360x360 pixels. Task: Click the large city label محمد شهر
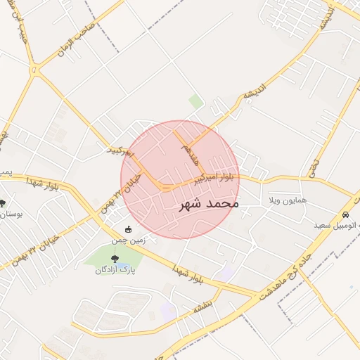click(209, 204)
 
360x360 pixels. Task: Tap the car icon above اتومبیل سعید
click(345, 214)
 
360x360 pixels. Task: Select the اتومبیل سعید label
click(337, 226)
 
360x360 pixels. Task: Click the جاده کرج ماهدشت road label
click(289, 266)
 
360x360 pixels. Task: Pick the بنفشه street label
click(203, 307)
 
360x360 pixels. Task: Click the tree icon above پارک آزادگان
click(115, 259)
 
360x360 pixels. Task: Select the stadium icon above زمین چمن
click(128, 229)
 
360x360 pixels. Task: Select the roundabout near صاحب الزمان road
click(34, 69)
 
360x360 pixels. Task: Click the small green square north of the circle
click(195, 102)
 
